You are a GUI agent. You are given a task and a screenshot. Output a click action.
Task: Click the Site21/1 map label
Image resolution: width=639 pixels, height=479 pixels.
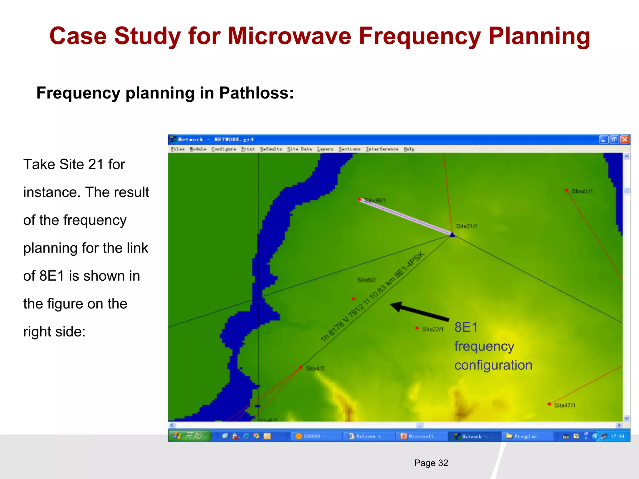[466, 226]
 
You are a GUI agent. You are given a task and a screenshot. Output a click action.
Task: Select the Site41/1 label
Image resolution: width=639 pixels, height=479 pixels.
[582, 191]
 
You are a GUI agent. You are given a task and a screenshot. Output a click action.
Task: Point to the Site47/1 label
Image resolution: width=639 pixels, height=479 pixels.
[564, 405]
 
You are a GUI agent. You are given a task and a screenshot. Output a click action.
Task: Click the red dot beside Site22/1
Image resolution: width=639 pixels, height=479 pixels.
[417, 328]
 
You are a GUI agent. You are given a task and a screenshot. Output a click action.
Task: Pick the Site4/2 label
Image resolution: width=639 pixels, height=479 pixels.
[315, 368]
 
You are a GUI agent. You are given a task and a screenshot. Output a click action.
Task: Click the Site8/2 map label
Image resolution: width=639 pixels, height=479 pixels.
[366, 280]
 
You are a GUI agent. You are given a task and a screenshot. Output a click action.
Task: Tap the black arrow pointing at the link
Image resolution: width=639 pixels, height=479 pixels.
[420, 312]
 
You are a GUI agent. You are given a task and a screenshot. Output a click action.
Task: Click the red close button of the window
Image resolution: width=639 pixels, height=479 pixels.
[625, 139]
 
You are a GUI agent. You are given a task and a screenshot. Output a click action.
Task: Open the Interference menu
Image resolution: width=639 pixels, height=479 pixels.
[382, 149]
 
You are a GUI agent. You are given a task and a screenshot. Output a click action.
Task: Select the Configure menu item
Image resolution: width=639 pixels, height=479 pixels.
[223, 149]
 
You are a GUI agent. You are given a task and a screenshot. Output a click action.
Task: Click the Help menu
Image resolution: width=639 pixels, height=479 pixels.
[409, 149]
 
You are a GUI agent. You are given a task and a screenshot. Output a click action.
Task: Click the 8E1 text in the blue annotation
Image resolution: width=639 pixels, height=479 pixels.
[466, 327]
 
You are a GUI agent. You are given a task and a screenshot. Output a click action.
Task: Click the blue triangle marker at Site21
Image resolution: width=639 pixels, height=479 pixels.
[452, 235]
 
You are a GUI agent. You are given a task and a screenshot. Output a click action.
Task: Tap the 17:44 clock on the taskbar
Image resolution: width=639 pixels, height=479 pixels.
[617, 436]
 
